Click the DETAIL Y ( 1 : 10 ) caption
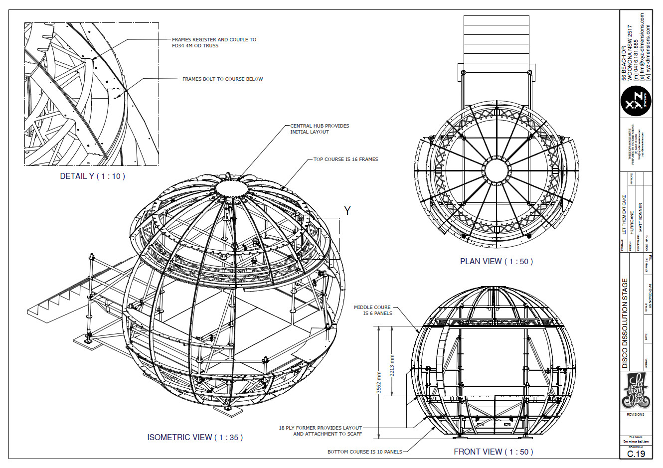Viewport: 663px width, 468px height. [92, 176]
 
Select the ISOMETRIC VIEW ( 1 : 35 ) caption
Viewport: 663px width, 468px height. [195, 437]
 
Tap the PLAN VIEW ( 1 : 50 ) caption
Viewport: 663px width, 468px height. [496, 261]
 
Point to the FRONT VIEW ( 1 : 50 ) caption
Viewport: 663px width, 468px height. [493, 452]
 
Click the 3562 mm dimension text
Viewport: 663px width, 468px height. [379, 382]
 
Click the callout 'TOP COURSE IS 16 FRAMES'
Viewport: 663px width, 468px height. [345, 159]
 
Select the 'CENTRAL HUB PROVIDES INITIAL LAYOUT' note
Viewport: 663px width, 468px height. [320, 129]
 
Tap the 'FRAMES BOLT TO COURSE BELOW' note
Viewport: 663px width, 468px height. [222, 79]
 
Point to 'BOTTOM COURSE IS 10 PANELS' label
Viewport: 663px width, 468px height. [364, 452]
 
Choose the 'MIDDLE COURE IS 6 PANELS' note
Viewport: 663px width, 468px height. [373, 310]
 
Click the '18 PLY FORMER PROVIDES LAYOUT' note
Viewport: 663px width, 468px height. [321, 431]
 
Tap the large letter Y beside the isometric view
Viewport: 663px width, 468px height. [347, 211]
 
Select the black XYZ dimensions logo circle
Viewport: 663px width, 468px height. [636, 102]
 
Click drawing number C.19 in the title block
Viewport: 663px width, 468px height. [636, 454]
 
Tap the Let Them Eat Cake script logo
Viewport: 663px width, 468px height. [636, 390]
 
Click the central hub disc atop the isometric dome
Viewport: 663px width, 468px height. [231, 188]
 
